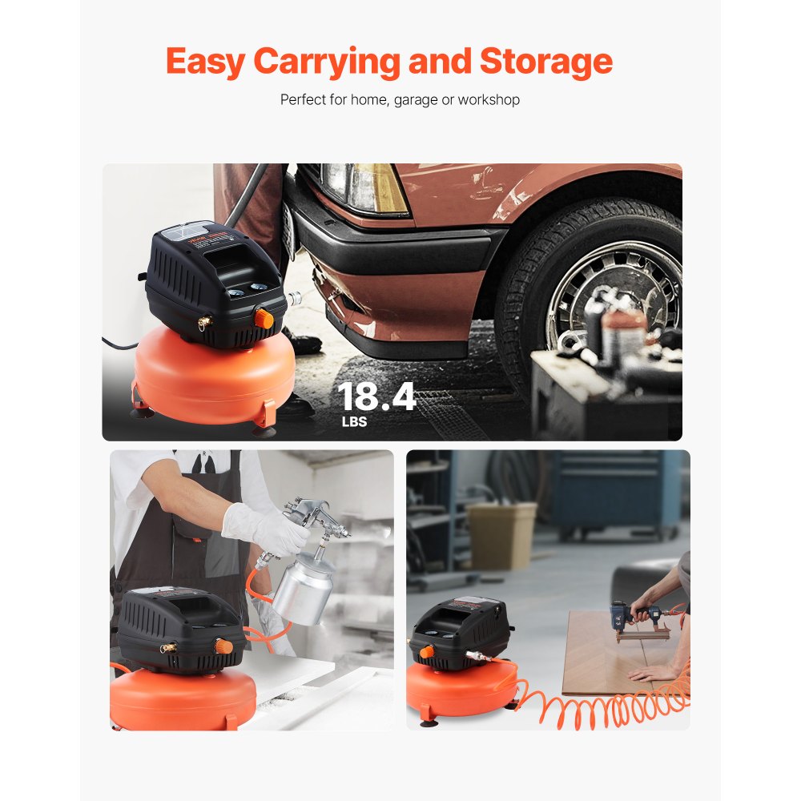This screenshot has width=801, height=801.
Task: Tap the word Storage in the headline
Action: coord(546,62)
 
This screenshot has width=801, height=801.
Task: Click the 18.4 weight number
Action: coord(376,396)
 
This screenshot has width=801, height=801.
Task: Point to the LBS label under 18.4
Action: coord(352,422)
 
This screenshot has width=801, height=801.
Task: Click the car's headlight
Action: coord(364,187)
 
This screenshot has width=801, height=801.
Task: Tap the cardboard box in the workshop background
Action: coord(501,535)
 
